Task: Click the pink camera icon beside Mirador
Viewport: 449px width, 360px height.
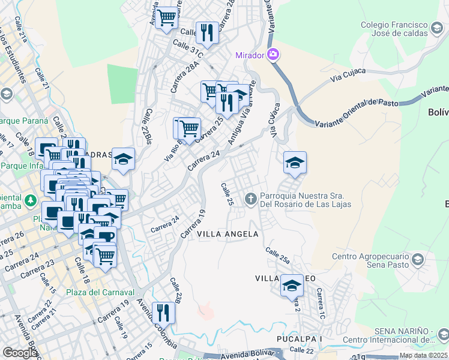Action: point(273,55)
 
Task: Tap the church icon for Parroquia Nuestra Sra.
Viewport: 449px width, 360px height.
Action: point(250,197)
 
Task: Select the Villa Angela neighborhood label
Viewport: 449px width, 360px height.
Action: point(228,234)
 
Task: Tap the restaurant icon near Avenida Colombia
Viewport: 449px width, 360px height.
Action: point(163,312)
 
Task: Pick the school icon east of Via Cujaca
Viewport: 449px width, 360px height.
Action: point(295,163)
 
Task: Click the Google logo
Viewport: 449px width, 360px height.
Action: point(20,353)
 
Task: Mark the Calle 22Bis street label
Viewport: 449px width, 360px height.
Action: point(148,126)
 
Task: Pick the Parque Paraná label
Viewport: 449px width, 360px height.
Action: point(23,121)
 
